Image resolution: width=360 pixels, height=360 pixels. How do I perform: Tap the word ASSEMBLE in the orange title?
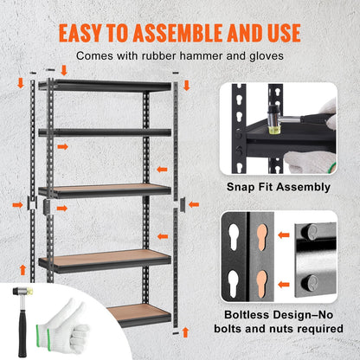click(x=197, y=33)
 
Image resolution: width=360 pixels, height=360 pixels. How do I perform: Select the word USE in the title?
click(x=281, y=33)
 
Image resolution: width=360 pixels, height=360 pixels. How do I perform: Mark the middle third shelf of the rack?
click(x=105, y=189)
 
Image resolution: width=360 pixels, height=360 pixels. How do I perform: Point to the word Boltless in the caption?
click(x=247, y=315)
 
